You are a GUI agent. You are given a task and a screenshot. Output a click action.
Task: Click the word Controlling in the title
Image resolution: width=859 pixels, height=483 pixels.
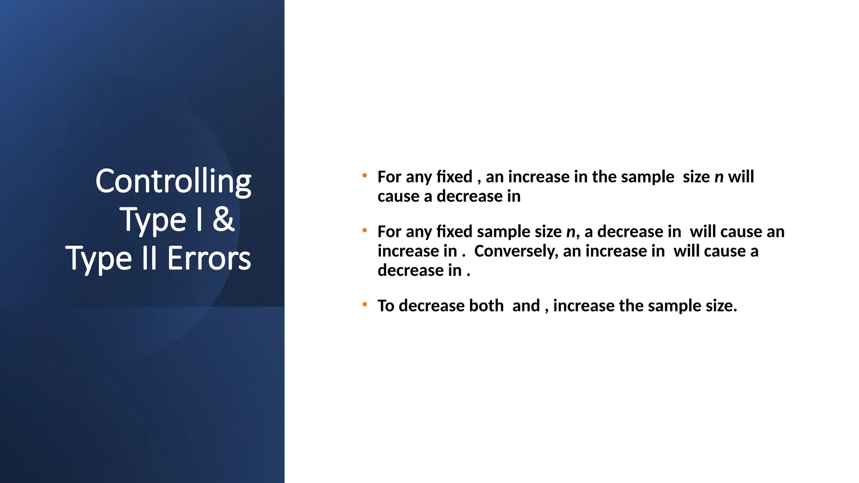(173, 181)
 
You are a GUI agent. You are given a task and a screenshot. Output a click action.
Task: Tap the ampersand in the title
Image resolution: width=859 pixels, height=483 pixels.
(223, 219)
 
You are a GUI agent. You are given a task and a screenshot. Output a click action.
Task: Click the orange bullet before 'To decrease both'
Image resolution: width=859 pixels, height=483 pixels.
(365, 304)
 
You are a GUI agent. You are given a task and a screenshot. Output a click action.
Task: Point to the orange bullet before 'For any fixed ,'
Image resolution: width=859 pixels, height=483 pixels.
(365, 175)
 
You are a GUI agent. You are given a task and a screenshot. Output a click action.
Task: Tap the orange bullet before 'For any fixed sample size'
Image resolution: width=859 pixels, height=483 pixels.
(365, 230)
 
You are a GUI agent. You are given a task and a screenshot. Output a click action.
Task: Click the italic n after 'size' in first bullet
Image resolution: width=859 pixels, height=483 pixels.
(719, 177)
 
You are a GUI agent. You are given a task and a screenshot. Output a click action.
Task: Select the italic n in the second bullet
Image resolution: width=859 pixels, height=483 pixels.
(570, 232)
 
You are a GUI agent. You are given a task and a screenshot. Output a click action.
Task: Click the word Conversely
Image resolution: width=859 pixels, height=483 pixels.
(515, 251)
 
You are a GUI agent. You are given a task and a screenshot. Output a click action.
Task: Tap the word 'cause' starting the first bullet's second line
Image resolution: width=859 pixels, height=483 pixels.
(398, 197)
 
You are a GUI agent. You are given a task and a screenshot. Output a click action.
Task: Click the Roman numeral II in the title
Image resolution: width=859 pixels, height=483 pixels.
(149, 258)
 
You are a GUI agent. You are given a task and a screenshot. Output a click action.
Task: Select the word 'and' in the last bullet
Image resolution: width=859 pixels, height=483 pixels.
(526, 306)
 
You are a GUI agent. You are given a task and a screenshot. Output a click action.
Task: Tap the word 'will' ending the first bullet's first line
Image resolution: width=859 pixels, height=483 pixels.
(741, 177)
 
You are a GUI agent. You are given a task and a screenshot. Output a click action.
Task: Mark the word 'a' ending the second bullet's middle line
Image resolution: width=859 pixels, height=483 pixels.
(754, 251)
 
